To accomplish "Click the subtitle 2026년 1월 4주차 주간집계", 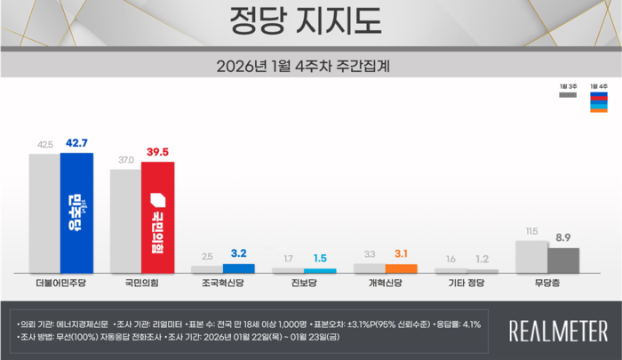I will tap(310, 66).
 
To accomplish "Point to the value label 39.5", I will tap(158, 153).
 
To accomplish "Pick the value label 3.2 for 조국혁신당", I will tap(239, 254).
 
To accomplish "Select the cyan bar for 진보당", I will tap(320, 269).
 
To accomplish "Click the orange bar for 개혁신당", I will tap(402, 268).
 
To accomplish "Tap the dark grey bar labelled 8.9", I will tap(563, 260).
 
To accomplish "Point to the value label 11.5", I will tap(531, 232).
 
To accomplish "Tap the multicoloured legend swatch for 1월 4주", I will tap(600, 104).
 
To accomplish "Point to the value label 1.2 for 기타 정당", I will tap(482, 259).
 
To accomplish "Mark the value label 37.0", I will tap(125, 160).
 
